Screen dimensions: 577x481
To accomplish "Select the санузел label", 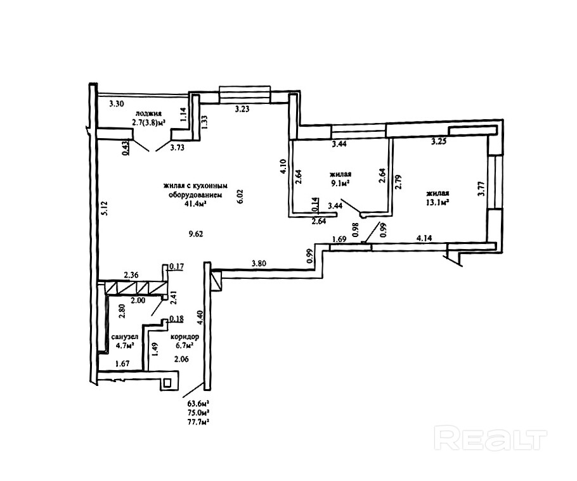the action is [x=125, y=337].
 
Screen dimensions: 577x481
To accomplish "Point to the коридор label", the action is [x=185, y=337].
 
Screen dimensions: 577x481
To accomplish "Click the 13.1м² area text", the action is [x=438, y=202].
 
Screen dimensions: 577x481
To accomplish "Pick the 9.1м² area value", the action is [x=340, y=182].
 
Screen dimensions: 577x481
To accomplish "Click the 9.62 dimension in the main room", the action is [x=196, y=234].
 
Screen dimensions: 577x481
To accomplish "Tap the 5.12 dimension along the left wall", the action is [x=105, y=208].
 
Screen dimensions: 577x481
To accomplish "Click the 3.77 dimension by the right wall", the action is [x=481, y=188].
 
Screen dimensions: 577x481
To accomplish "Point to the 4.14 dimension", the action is [x=424, y=238].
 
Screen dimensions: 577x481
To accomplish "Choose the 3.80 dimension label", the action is [x=259, y=263].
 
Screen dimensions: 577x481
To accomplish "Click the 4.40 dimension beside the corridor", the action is [x=200, y=317].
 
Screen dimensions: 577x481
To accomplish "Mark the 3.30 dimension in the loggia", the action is [x=117, y=104].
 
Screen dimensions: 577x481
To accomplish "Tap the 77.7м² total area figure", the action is [x=198, y=422].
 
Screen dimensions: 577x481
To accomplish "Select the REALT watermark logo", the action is [x=490, y=438].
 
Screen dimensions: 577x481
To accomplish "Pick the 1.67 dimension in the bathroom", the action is [x=122, y=364].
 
